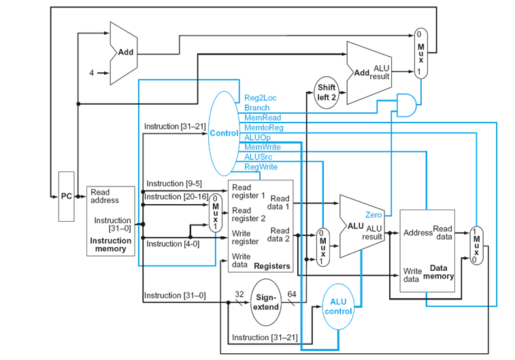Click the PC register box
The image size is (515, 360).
pyautogui.click(x=66, y=196)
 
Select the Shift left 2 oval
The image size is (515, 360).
pyautogui.click(x=326, y=92)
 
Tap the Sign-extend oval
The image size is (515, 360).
pyautogui.click(x=266, y=302)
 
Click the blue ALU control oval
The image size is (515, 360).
pyautogui.click(x=338, y=306)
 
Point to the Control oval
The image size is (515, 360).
pyautogui.click(x=224, y=133)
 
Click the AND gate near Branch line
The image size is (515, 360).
pyautogui.click(x=407, y=104)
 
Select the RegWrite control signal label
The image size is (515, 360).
pyautogui.click(x=261, y=167)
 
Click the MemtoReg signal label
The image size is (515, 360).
pyautogui.click(x=263, y=127)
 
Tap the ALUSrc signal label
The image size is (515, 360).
pyautogui.click(x=259, y=157)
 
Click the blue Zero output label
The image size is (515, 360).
pyautogui.click(x=373, y=215)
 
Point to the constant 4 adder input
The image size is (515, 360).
pyautogui.click(x=91, y=73)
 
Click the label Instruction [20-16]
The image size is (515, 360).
pyautogui.click(x=173, y=197)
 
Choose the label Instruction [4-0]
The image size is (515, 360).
pyautogui.click(x=173, y=244)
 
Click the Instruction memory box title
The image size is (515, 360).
pyautogui.click(x=110, y=245)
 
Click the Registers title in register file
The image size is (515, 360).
pyautogui.click(x=271, y=266)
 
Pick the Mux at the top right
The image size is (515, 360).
pyautogui.click(x=421, y=52)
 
